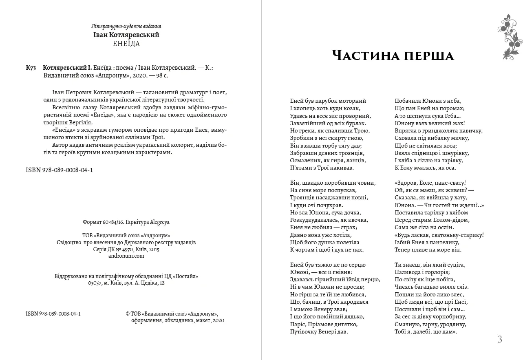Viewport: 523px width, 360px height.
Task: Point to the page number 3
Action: click(500, 339)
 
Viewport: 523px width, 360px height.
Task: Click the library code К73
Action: click(31, 68)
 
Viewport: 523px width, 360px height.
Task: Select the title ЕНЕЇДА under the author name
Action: click(126, 44)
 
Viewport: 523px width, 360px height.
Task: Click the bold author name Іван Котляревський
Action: click(126, 35)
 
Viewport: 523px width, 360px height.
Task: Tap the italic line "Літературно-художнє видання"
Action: click(126, 27)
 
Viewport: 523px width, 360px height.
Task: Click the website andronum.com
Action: click(126, 256)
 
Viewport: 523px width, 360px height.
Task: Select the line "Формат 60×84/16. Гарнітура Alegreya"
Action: click(126, 222)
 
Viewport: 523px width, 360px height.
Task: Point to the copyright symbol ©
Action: click(128, 314)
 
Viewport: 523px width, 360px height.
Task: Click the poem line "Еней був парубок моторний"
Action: click(328, 101)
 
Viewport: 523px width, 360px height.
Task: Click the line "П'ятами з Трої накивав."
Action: click(322, 168)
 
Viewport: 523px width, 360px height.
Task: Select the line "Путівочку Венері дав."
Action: click(319, 331)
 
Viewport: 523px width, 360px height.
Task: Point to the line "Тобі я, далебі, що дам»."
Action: click(426, 331)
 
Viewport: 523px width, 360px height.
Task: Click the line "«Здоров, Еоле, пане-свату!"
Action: click(430, 183)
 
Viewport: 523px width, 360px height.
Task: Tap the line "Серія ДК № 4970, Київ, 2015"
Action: click(126, 249)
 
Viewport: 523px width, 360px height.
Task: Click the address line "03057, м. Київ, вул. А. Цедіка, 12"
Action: click(126, 283)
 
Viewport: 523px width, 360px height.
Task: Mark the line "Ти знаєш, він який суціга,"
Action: click(430, 265)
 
